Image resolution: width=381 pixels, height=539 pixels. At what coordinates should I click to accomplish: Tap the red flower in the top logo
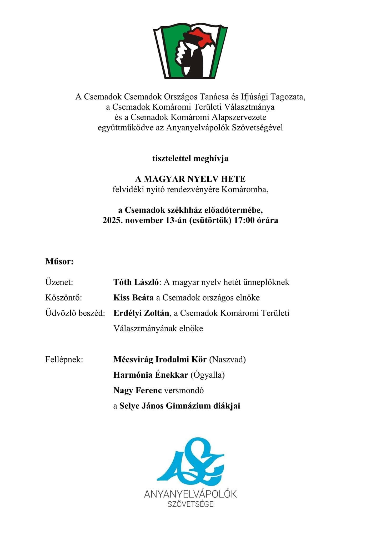coord(202,37)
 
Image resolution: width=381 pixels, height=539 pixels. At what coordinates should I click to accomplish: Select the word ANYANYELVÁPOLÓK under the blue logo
coord(190,494)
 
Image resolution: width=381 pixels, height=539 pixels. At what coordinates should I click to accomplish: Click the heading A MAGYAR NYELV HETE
coord(190,179)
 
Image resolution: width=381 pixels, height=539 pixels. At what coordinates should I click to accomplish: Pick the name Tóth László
coord(136,282)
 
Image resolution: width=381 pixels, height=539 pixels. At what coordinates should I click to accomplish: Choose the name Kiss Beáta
coord(133,298)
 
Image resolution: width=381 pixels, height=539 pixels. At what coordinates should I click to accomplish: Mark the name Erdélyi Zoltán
coord(141,313)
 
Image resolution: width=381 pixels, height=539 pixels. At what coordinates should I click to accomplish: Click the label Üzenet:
coord(59,282)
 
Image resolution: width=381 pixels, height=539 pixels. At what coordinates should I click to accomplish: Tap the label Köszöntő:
coord(64,298)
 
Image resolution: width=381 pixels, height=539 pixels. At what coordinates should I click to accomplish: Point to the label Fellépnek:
coord(64,359)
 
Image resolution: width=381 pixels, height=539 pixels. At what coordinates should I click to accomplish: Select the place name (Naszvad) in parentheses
coord(227,359)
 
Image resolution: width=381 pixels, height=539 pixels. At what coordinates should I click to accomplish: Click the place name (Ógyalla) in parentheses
coord(208,375)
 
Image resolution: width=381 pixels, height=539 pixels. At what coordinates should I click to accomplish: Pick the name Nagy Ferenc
coord(137,390)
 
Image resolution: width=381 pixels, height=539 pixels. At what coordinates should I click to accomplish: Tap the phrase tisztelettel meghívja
coord(190,158)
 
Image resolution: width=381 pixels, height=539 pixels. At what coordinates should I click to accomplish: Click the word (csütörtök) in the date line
coord(210,220)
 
